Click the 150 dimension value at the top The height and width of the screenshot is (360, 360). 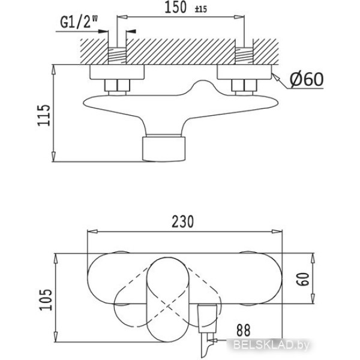(175, 8)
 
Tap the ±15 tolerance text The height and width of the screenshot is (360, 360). (200, 9)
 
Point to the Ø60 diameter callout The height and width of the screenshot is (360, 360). (307, 79)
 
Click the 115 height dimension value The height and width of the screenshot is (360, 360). (44, 115)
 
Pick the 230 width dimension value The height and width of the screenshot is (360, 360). (183, 221)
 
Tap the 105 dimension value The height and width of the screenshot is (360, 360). (46, 299)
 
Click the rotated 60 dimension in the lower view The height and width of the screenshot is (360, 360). (302, 279)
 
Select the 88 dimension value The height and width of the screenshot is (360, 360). (243, 330)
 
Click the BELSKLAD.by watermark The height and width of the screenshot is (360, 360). (271, 344)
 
